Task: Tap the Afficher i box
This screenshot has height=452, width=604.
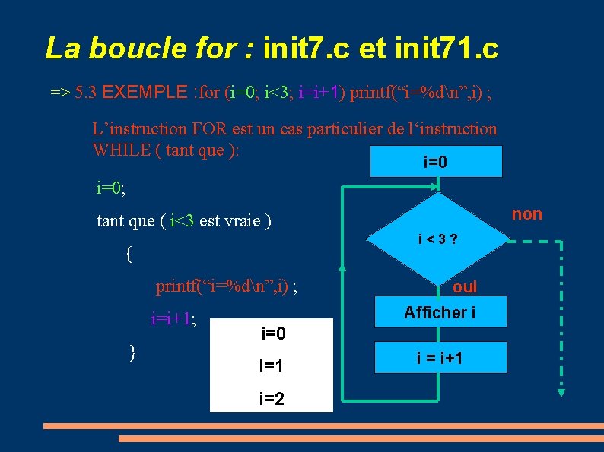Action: click(x=440, y=312)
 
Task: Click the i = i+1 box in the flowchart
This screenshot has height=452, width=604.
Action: click(x=440, y=357)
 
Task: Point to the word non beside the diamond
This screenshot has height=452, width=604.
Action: click(x=526, y=214)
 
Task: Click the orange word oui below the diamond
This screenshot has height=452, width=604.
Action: click(x=464, y=287)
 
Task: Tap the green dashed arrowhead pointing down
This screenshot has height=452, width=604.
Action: click(x=561, y=391)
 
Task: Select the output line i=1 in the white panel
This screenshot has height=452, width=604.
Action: click(x=272, y=366)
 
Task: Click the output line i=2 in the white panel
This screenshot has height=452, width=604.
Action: click(x=272, y=397)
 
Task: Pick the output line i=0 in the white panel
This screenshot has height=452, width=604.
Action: click(x=273, y=333)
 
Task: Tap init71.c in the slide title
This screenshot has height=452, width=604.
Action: click(x=446, y=49)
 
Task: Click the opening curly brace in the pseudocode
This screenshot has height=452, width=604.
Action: click(x=129, y=254)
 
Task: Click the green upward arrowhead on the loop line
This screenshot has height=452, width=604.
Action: click(x=342, y=267)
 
